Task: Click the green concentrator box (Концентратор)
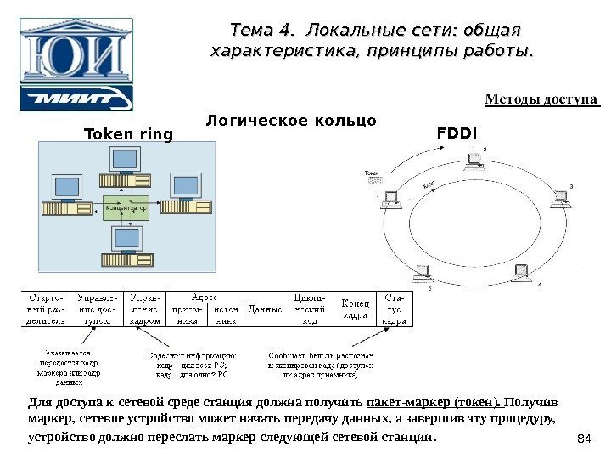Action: pyautogui.click(x=125, y=206)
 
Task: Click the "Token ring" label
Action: pyautogui.click(x=127, y=134)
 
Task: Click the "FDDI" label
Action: pyautogui.click(x=457, y=133)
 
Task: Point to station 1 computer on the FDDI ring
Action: pyautogui.click(x=392, y=200)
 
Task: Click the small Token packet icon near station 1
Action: pyautogui.click(x=371, y=180)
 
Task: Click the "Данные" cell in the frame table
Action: pyautogui.click(x=265, y=310)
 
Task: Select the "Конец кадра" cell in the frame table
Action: pyautogui.click(x=355, y=309)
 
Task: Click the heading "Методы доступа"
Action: pyautogui.click(x=541, y=99)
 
